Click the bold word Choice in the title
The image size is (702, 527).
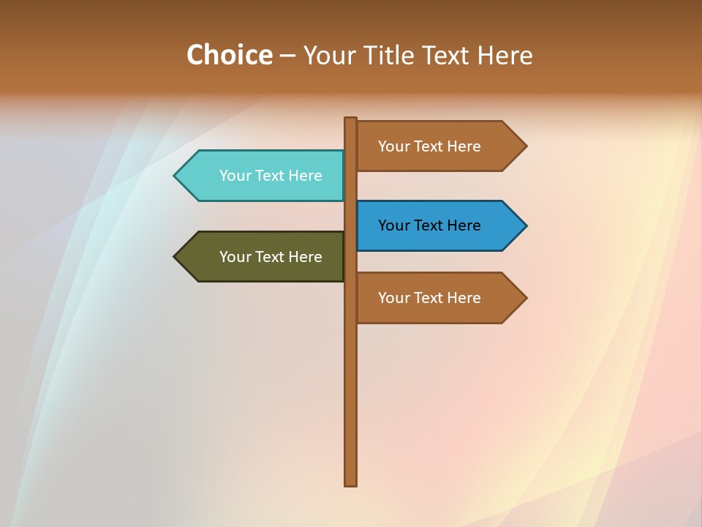(229, 55)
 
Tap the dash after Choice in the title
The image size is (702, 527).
(288, 56)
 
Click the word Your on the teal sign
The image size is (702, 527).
(235, 176)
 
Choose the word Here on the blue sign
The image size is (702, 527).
(464, 225)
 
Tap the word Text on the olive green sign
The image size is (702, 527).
(271, 257)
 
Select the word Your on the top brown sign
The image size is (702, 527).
(393, 146)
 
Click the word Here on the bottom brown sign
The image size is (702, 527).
(464, 298)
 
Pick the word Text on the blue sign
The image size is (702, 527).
(429, 225)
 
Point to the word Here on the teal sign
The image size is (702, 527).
(305, 176)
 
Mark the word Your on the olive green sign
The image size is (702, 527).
(235, 257)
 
